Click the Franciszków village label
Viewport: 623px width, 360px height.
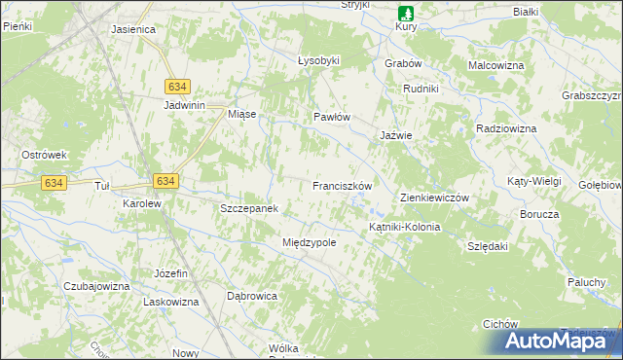click(x=343, y=185)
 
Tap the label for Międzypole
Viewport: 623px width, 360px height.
click(x=309, y=242)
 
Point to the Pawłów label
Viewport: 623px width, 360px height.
click(x=331, y=117)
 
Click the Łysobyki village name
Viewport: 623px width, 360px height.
click(x=318, y=60)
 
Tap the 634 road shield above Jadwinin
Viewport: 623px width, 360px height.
click(x=177, y=86)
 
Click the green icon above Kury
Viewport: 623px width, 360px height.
click(x=406, y=13)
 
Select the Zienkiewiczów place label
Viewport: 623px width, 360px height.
click(x=435, y=198)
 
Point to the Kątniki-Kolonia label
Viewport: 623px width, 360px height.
click(x=404, y=227)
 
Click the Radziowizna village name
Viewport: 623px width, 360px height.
click(x=506, y=128)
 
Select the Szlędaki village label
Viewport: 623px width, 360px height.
click(x=488, y=246)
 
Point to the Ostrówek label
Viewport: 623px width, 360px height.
click(x=44, y=155)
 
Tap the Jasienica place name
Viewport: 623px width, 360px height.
click(x=133, y=29)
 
